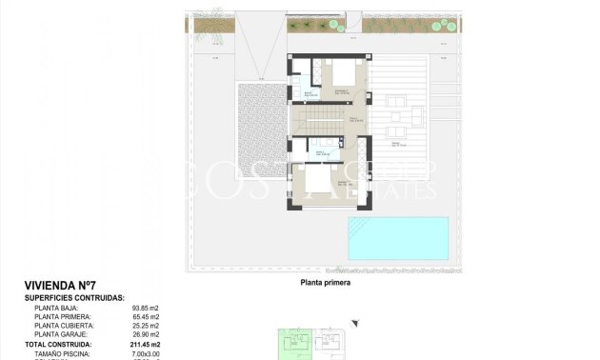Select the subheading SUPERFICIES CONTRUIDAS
(75, 298)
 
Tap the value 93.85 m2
(146, 308)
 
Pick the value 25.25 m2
(146, 326)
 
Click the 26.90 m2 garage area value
(146, 334)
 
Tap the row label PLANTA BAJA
(56, 308)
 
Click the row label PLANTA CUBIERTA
(62, 326)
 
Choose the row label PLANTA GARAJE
(60, 334)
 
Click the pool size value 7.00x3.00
(145, 352)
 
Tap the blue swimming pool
(397, 238)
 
